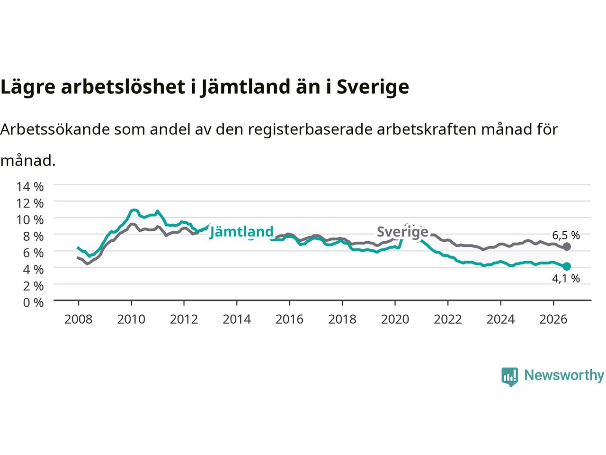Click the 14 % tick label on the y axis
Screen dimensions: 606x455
pos(30,187)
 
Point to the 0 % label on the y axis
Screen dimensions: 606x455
pos(34,303)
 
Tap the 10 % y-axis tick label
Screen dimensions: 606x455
pos(30,220)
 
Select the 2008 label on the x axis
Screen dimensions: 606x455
pos(79,319)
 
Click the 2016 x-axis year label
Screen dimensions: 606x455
pos(289,319)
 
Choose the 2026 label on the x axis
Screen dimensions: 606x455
pos(553,319)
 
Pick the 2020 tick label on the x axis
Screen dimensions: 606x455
pos(395,319)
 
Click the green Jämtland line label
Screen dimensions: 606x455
pos(241,231)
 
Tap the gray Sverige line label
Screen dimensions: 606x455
pos(402,232)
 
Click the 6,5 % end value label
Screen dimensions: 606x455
pos(566,236)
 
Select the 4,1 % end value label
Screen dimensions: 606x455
pos(566,279)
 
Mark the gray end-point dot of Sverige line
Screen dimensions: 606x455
pos(567,246)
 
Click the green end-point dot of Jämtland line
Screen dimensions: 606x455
pos(567,266)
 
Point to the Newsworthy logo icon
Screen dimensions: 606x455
pos(509,377)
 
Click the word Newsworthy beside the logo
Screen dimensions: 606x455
pos(564,375)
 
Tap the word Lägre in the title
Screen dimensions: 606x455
pos(28,87)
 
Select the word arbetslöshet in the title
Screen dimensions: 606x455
pos(123,86)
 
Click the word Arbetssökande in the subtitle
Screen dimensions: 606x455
pos(55,129)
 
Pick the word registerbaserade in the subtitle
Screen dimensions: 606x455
pos(310,130)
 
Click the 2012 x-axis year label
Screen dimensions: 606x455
pos(184,319)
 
